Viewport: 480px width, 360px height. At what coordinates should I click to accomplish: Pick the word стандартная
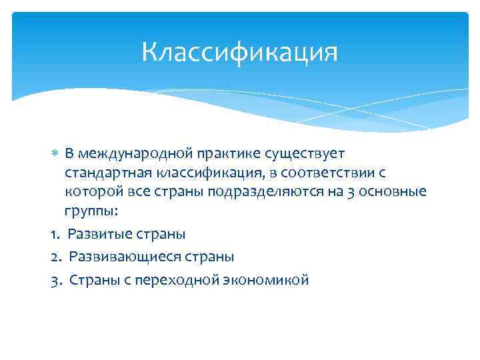(x=109, y=173)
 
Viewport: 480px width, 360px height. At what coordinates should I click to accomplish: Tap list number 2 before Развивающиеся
(x=54, y=257)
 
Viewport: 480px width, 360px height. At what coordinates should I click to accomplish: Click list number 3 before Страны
(x=54, y=279)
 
